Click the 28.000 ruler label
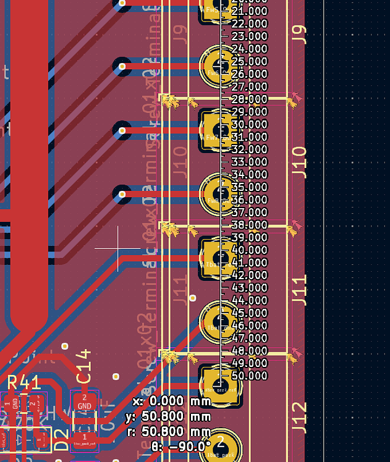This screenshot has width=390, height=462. coord(250,99)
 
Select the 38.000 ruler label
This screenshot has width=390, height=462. coord(250,225)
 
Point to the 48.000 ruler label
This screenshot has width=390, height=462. coord(250,350)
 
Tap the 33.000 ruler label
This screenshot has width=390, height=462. coord(250,162)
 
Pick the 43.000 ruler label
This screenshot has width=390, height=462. coord(250,288)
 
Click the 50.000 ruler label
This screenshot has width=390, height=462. coord(250,376)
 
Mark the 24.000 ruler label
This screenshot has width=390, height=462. coord(250,49)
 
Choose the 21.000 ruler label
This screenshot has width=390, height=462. coord(250,11)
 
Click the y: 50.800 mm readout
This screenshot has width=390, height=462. coord(177,416)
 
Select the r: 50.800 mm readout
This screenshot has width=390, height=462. coord(177,431)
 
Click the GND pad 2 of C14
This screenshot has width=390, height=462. coord(85,402)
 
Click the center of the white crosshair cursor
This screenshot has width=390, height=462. coord(118,248)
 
